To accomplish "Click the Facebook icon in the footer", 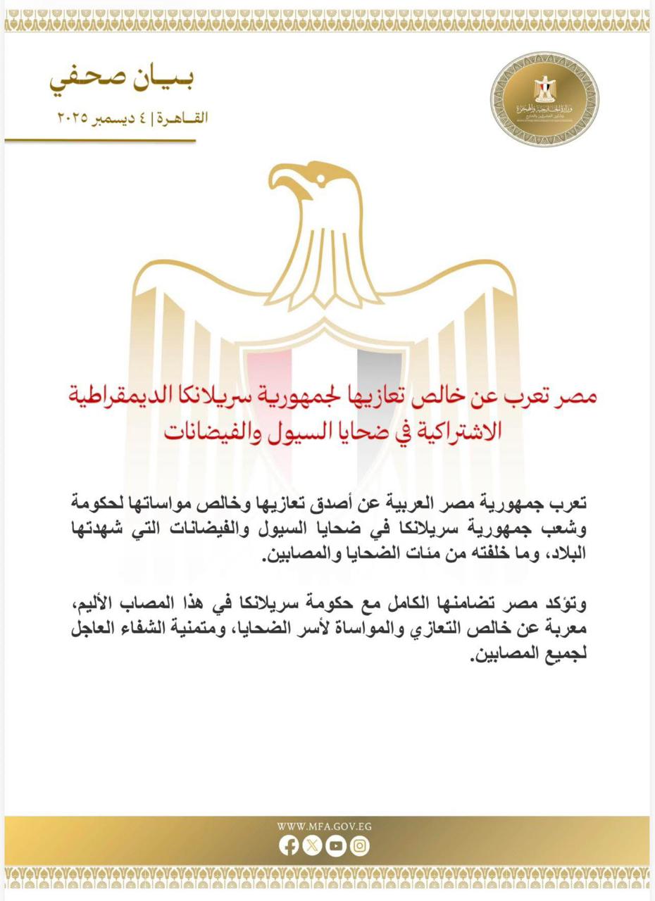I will [288, 845].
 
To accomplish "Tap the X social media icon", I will [312, 845].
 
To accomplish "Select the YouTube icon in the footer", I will [336, 845].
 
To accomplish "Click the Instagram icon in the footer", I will [360, 845].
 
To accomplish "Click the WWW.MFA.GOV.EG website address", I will [324, 827].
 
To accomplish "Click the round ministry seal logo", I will [544, 99].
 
